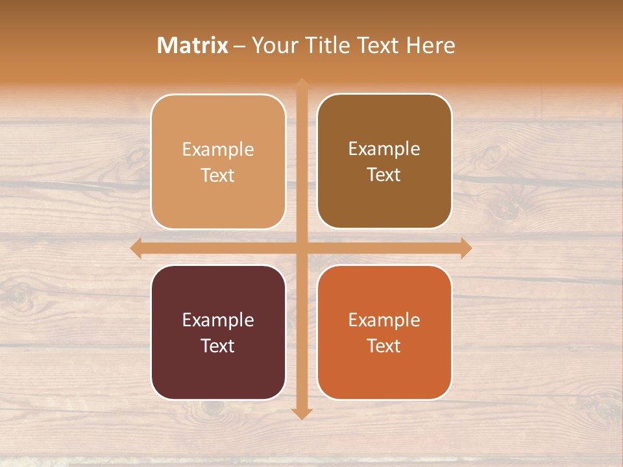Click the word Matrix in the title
point(193,45)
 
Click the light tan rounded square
point(218,162)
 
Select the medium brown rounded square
point(384,162)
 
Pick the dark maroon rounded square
point(218,332)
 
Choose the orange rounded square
point(384,332)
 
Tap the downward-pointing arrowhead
point(302,414)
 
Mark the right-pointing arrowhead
point(466,248)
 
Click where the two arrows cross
point(302,248)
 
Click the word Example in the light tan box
point(218,149)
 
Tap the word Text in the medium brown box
point(384,174)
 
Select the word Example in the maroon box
point(218,320)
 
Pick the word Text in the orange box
point(384,346)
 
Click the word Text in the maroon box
point(218,346)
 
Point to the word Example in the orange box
point(384,320)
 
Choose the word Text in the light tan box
point(218,175)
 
